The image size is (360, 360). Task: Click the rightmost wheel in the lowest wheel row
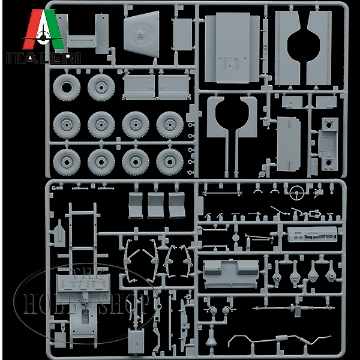tap(170, 161)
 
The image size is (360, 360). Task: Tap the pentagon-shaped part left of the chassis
tap(58, 230)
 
